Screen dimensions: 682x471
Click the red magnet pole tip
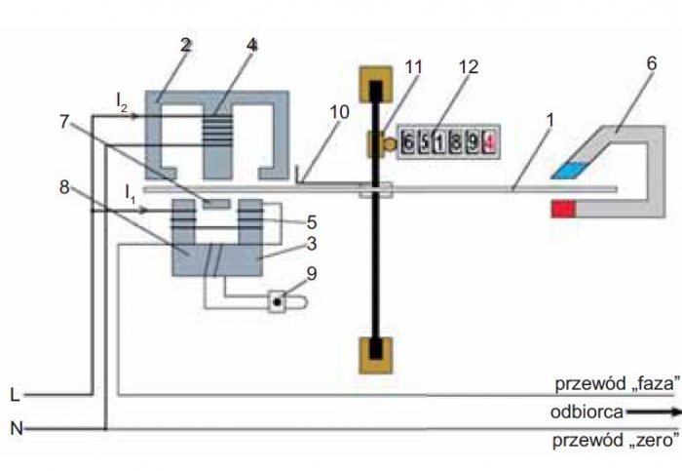[x=564, y=209]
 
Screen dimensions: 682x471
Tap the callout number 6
[x=651, y=63]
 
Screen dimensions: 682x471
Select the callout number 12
[x=469, y=66]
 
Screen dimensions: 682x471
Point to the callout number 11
[x=413, y=67]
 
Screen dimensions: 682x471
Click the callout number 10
[x=339, y=112]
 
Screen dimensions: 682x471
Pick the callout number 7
[x=64, y=122]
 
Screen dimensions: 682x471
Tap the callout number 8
[x=64, y=187]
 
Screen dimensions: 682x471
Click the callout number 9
[x=312, y=274]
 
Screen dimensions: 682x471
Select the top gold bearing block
[x=376, y=84]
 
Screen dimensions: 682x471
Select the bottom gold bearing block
[x=376, y=355]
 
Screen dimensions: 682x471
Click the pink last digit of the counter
[x=489, y=142]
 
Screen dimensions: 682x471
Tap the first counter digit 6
[x=407, y=142]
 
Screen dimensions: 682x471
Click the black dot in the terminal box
[x=277, y=301]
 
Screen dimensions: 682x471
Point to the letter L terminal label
[x=15, y=395]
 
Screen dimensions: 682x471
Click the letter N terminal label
[x=17, y=429]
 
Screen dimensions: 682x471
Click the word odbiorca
[x=587, y=412]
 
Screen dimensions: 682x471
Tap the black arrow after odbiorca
[x=654, y=412]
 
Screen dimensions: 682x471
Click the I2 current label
[x=122, y=102]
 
